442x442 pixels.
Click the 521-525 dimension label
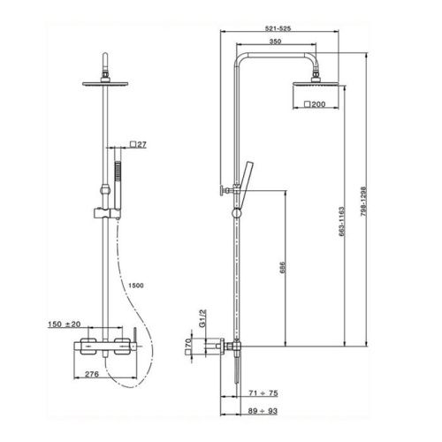click(x=277, y=29)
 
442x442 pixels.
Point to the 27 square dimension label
click(x=140, y=143)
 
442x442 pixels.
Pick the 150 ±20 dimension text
click(x=65, y=325)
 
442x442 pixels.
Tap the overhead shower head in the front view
click(x=107, y=83)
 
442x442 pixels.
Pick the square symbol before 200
click(x=305, y=105)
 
